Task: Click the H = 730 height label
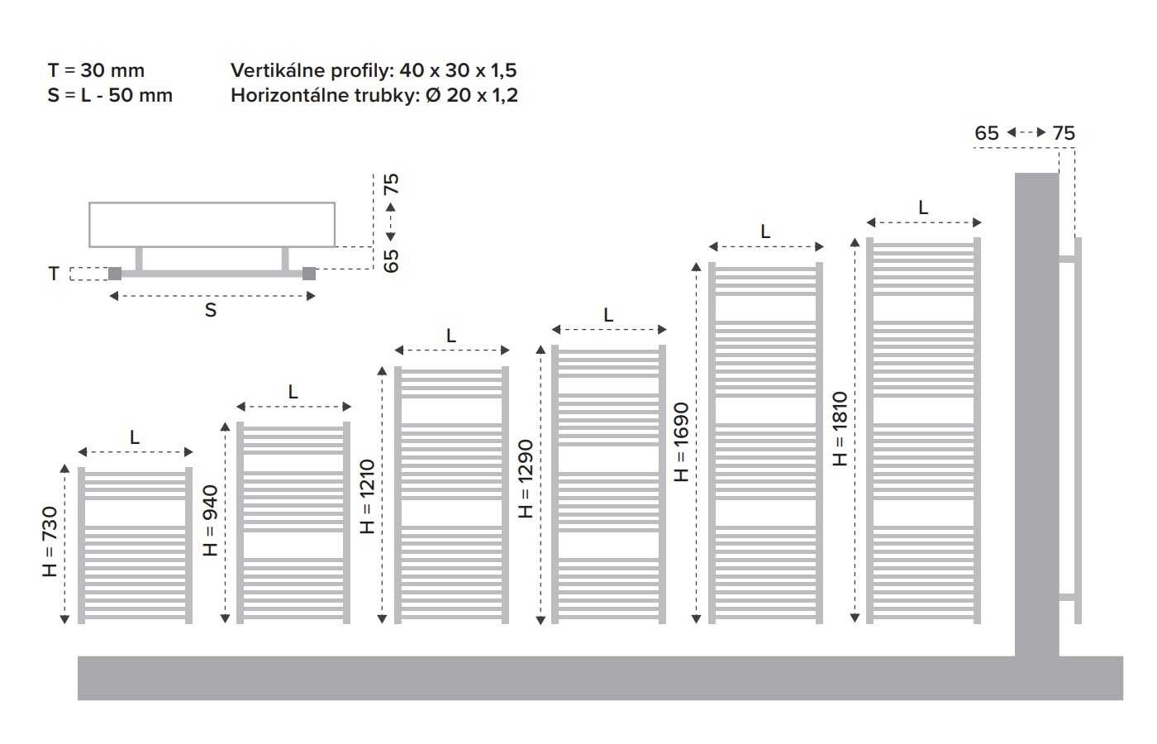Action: pyautogui.click(x=50, y=541)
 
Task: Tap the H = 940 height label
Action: pyautogui.click(x=210, y=520)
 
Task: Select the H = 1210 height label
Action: pyautogui.click(x=367, y=497)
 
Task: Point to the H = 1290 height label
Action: pyautogui.click(x=526, y=479)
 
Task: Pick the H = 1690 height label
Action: pyautogui.click(x=682, y=442)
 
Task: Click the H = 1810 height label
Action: pyautogui.click(x=840, y=429)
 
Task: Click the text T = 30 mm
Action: pyautogui.click(x=96, y=70)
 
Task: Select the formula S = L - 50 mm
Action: pyautogui.click(x=110, y=95)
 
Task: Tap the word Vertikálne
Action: pyautogui.click(x=278, y=70)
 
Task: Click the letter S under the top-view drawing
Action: pyautogui.click(x=210, y=310)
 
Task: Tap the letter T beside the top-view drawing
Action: pyautogui.click(x=54, y=274)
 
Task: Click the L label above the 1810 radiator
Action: pyautogui.click(x=923, y=207)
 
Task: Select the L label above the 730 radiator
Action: pyautogui.click(x=134, y=437)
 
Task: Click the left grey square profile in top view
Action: pyautogui.click(x=115, y=274)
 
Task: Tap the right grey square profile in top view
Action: pyautogui.click(x=309, y=274)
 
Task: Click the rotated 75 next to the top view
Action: pyautogui.click(x=392, y=184)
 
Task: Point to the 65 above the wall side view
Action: pyautogui.click(x=987, y=133)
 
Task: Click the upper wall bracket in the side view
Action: pyautogui.click(x=1067, y=258)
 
